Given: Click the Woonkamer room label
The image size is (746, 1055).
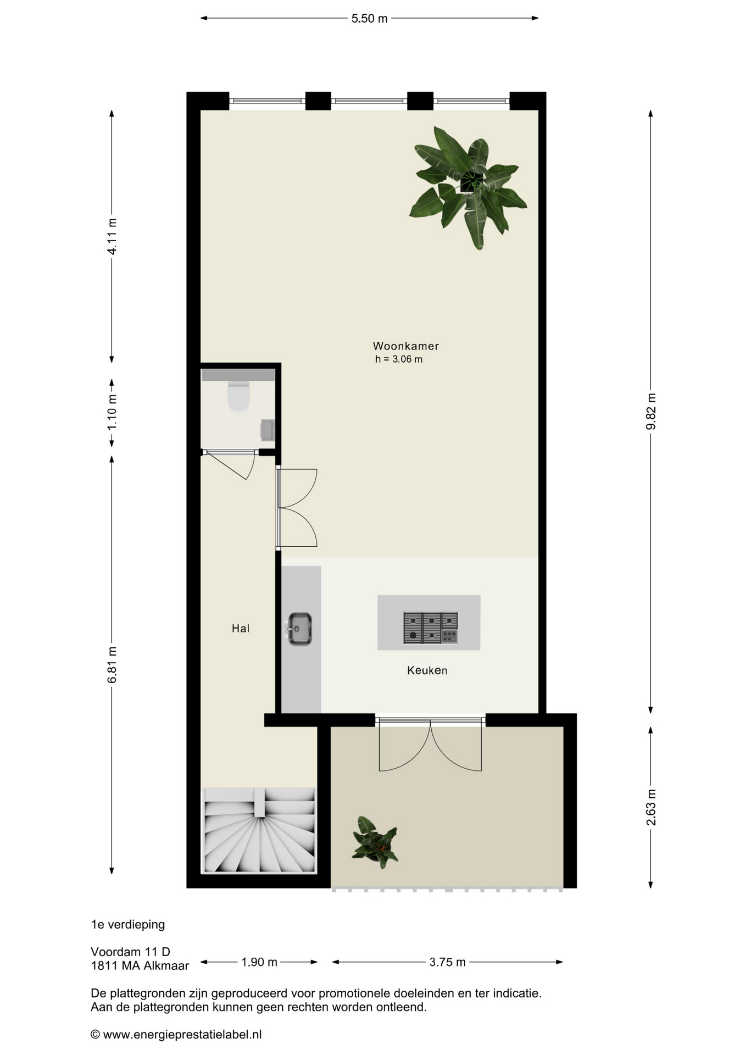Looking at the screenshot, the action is click(405, 346).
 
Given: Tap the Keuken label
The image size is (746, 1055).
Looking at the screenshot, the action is click(427, 670).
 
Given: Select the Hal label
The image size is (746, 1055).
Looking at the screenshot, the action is click(241, 628).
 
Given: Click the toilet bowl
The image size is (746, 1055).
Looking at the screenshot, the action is click(238, 396).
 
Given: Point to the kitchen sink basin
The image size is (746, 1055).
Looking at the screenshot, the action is click(299, 629).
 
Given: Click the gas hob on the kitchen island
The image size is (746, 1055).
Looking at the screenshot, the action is click(431, 628).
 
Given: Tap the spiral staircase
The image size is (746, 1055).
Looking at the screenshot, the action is click(259, 830).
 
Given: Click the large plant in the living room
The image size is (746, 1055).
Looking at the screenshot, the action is click(468, 187).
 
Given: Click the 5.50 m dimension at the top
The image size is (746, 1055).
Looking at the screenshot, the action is click(370, 19).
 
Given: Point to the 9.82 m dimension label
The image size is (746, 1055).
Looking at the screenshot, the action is click(651, 412).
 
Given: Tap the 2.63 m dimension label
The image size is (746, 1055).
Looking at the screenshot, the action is click(651, 807).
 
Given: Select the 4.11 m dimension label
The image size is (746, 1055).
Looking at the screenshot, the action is click(112, 236).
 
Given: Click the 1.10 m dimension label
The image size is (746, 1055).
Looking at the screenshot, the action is click(112, 412).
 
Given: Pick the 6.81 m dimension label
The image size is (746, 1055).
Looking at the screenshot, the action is click(112, 665).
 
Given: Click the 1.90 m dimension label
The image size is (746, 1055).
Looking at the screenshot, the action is click(259, 962).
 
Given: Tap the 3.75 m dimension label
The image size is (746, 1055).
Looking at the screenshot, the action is click(447, 962).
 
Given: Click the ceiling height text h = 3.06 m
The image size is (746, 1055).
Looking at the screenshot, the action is click(399, 359).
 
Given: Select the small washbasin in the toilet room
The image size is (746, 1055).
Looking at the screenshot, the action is click(268, 430).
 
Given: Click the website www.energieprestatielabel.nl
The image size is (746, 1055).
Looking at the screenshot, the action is click(182, 1035).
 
